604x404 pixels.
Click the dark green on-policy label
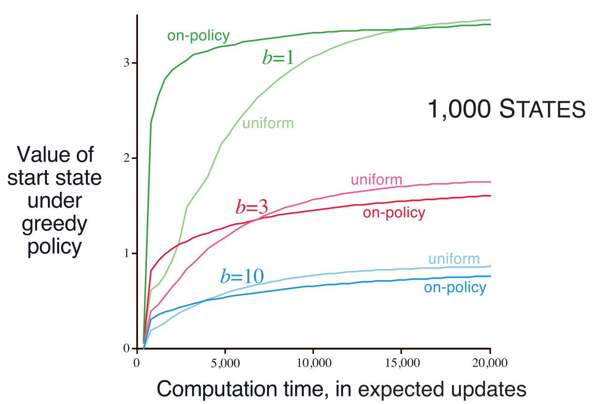point(198,36)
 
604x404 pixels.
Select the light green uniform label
point(268,123)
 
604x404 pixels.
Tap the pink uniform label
point(376,180)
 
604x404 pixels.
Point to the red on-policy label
point(394,213)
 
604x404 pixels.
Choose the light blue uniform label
point(454,259)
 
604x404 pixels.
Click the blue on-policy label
point(455,287)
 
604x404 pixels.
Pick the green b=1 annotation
point(278,57)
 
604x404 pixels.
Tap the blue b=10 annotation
point(242,277)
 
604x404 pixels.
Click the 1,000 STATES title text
point(506,110)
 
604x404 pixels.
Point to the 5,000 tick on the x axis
point(226,363)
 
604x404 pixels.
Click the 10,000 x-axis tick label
point(313,363)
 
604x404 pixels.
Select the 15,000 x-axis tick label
point(401,363)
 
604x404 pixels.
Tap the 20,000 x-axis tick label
point(489,363)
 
